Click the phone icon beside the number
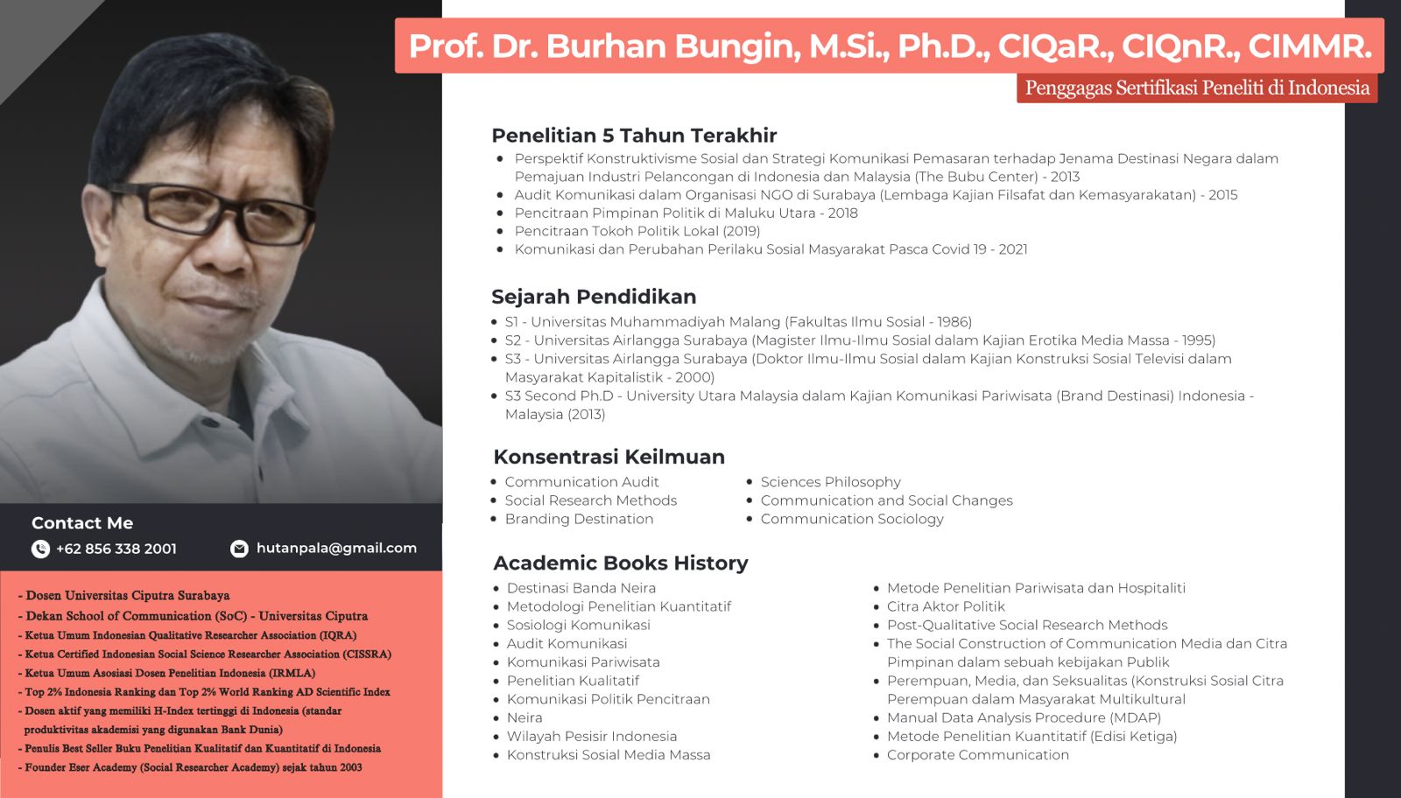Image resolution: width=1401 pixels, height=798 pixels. (40, 549)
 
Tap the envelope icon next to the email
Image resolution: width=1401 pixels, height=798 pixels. (239, 549)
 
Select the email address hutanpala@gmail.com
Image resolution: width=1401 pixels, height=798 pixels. (336, 548)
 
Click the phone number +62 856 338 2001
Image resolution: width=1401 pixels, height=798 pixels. (116, 549)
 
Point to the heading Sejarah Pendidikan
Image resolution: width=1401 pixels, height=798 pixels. (594, 297)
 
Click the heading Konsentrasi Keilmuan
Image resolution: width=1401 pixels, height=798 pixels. (609, 457)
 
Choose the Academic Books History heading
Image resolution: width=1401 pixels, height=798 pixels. (621, 563)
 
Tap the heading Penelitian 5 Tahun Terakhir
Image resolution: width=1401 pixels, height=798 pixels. (634, 136)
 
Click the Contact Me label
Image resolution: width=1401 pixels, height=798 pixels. (82, 523)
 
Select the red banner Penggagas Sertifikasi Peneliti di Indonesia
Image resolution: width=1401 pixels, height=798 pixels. (1197, 88)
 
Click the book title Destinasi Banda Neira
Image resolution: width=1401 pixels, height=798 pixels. (581, 588)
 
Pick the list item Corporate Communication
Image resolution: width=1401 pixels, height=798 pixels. (978, 755)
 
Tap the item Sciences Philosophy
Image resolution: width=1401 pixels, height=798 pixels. (831, 482)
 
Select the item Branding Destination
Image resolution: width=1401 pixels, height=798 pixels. (579, 519)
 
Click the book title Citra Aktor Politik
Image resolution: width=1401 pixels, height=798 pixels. (946, 606)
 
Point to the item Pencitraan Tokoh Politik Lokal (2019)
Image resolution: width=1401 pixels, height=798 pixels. (637, 231)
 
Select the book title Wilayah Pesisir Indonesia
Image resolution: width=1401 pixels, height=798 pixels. (592, 736)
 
